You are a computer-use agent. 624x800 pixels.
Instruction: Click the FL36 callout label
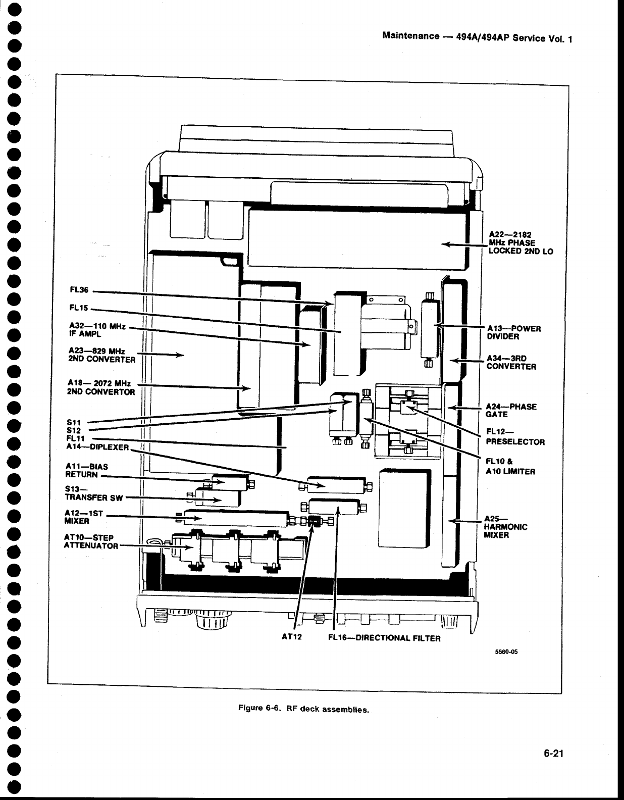point(79,290)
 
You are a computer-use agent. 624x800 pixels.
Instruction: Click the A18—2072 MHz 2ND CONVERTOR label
point(101,387)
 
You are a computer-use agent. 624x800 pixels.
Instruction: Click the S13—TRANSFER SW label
point(94,493)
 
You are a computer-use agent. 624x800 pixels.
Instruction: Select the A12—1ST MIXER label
point(84,517)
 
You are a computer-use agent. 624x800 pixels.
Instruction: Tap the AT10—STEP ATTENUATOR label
point(91,541)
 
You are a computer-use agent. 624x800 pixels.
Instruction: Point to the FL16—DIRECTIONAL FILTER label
point(384,638)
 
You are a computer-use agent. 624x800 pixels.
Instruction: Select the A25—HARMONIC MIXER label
point(505,526)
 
